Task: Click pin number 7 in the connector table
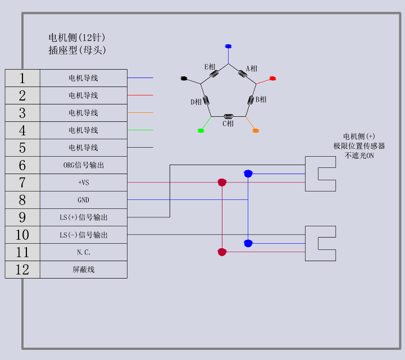(22, 183)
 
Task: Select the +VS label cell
(83, 183)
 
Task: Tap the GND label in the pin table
(83, 200)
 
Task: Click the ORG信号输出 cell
(83, 165)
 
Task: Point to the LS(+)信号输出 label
(83, 217)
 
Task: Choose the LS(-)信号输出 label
(83, 235)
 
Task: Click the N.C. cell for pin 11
(83, 252)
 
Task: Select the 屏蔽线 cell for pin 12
(83, 270)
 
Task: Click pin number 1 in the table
(22, 78)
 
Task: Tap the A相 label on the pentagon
(252, 69)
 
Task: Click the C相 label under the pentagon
(228, 124)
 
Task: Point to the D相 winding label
(196, 102)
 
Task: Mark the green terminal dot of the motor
(201, 130)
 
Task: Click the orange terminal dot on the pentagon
(256, 130)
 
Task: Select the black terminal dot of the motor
(184, 79)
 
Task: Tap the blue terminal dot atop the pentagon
(228, 46)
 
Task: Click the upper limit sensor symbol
(320, 174)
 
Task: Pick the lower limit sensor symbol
(320, 243)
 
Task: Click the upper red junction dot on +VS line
(222, 183)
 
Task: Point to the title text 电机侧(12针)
(77, 38)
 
